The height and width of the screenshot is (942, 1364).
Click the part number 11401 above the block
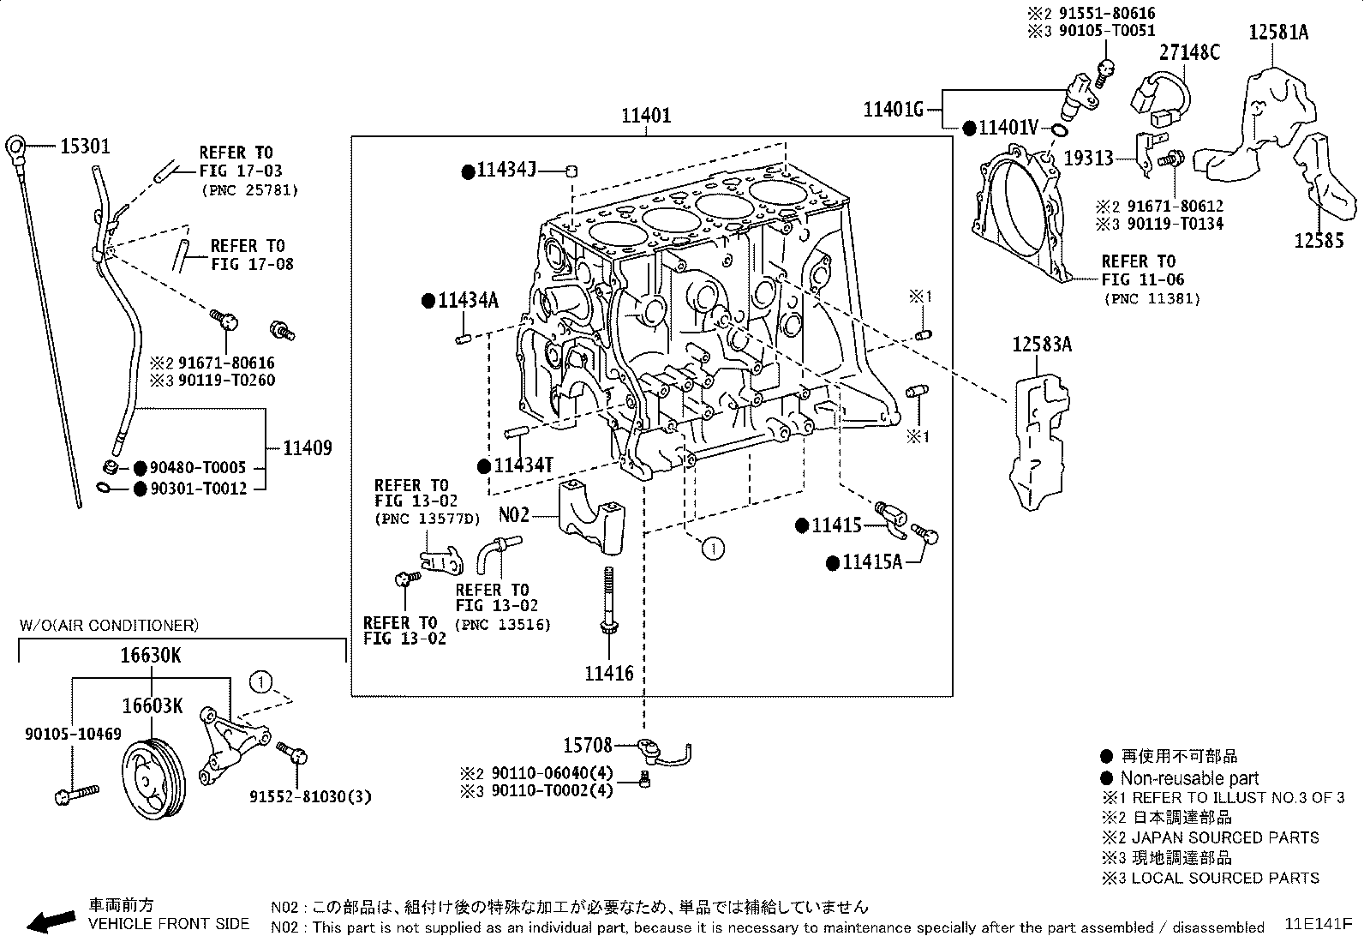[x=646, y=116]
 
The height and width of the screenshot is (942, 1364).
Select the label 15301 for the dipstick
[x=85, y=147]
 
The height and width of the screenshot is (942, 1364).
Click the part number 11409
[x=308, y=448]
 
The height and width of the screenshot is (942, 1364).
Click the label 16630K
[x=151, y=657]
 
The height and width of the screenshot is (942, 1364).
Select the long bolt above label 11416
[x=608, y=604]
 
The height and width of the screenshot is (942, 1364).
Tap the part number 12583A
[x=1042, y=345]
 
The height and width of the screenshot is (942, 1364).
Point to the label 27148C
[x=1190, y=52]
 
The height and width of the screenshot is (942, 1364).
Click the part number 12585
[x=1319, y=241]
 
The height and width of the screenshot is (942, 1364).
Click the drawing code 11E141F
[x=1318, y=925]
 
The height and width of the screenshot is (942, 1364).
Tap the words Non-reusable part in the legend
[x=1189, y=778]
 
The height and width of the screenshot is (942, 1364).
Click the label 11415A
[x=872, y=562]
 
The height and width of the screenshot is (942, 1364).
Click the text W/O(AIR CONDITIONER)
[x=109, y=626]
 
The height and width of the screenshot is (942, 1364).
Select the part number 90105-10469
[x=73, y=735]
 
